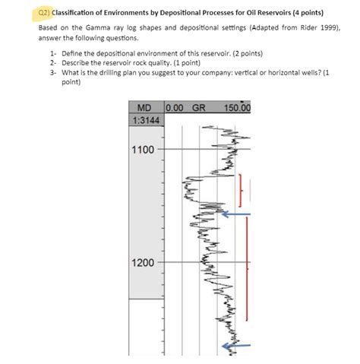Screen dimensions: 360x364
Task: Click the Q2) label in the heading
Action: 46,13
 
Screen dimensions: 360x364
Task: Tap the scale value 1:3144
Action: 146,121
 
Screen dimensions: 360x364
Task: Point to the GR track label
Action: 200,109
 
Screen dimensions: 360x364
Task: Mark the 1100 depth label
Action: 143,150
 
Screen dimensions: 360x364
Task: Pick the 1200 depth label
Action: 143,262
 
